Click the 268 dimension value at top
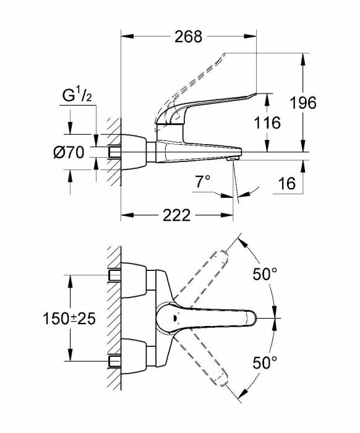(189, 36)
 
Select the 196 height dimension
(303, 103)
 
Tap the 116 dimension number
(267, 122)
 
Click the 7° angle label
(202, 182)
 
